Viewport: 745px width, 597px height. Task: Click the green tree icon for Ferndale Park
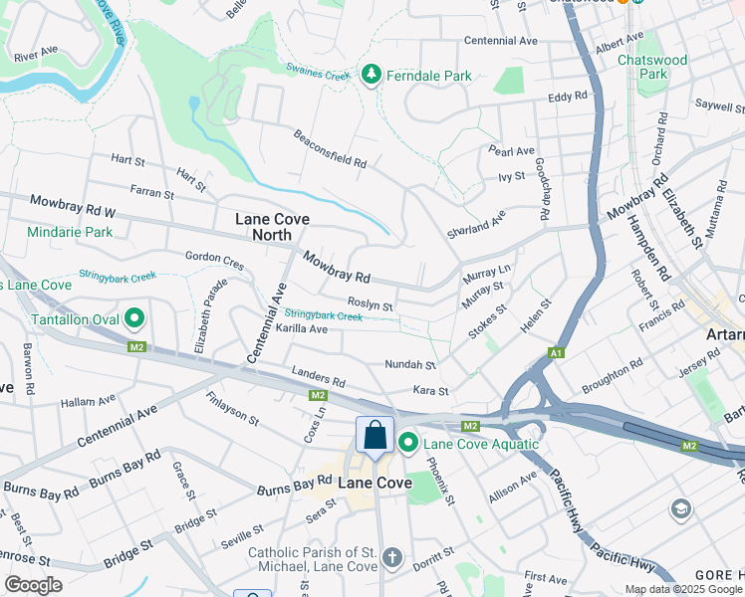(372, 75)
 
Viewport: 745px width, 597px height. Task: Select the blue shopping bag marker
(374, 436)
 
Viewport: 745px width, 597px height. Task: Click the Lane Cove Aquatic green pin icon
(408, 444)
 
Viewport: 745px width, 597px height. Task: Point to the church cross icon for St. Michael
(393, 558)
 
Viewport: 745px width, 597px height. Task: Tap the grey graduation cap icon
(681, 510)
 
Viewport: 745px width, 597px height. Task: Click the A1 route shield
(558, 353)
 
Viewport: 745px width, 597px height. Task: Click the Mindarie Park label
(71, 232)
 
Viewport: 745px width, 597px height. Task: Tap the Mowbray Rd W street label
(73, 206)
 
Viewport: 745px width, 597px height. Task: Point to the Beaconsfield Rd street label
(330, 148)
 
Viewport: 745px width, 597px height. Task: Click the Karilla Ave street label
(301, 328)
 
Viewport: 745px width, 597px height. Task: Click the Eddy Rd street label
(568, 98)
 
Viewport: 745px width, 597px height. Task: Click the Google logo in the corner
(33, 585)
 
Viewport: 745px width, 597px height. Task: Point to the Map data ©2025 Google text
(683, 589)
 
